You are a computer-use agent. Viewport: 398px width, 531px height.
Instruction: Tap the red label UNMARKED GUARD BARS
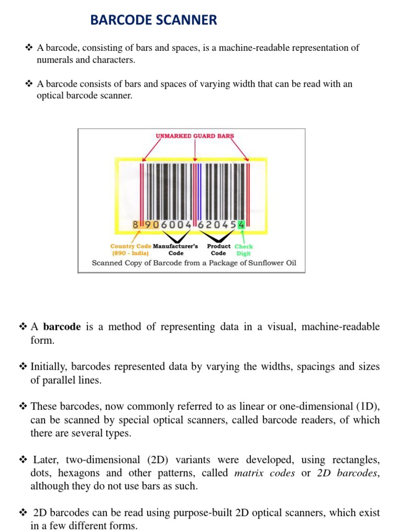pyautogui.click(x=195, y=136)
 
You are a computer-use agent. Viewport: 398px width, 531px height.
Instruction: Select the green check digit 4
pyautogui.click(x=241, y=225)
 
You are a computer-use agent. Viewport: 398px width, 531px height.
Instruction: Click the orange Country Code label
pyautogui.click(x=131, y=246)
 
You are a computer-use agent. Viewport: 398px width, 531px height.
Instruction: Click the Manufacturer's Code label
pyautogui.click(x=176, y=250)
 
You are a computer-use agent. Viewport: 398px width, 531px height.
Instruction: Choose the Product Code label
pyautogui.click(x=219, y=250)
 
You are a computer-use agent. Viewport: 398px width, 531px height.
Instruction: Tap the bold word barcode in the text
pyautogui.click(x=62, y=327)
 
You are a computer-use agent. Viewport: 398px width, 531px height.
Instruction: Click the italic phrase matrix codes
pyautogui.click(x=265, y=473)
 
